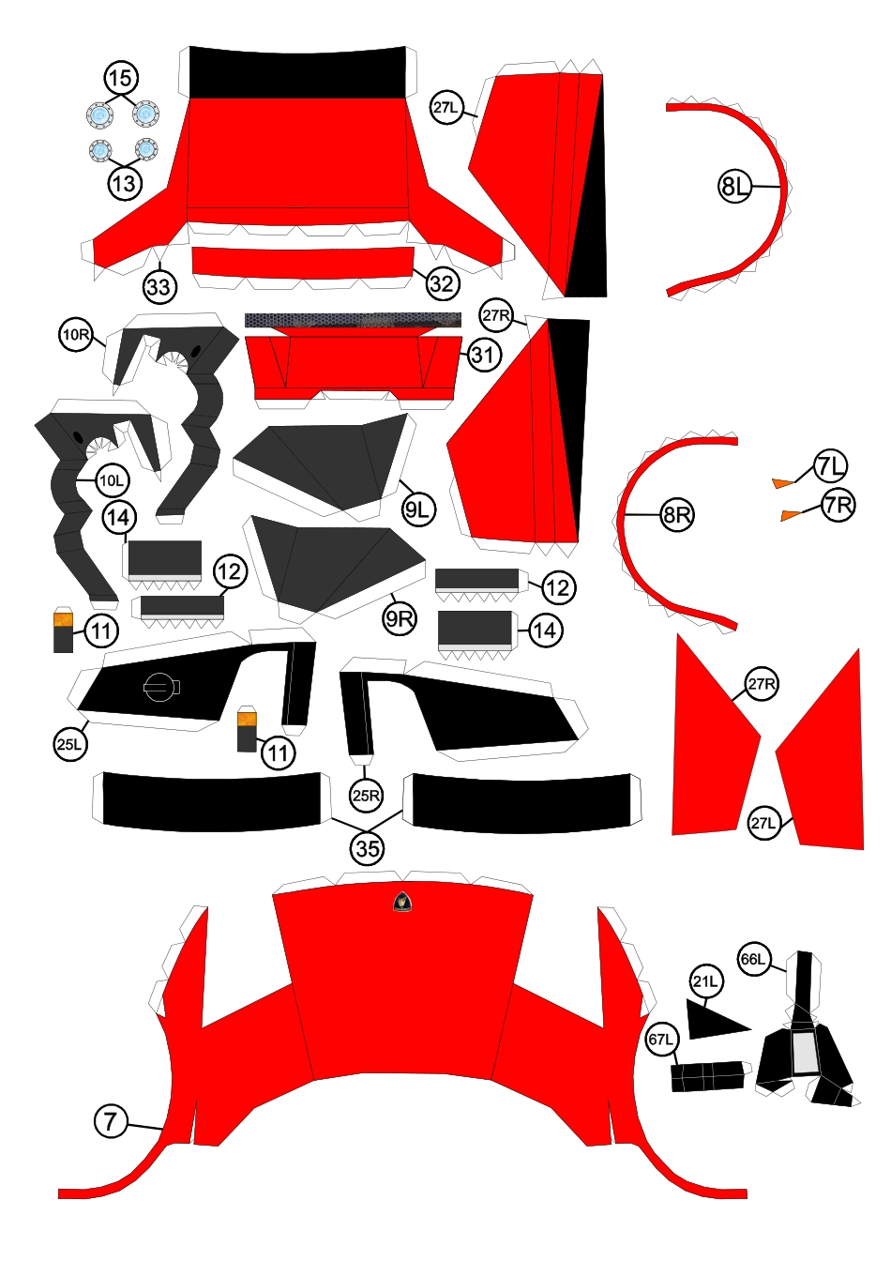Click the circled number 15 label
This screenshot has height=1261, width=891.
click(120, 78)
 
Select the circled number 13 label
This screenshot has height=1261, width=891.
click(125, 183)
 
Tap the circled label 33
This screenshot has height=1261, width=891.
click(159, 287)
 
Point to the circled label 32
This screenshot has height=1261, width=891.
click(442, 283)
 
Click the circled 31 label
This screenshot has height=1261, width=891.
click(484, 356)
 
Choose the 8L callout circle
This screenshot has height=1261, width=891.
click(735, 186)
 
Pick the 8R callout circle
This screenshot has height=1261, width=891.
click(677, 514)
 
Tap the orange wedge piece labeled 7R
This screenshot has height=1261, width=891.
click(791, 515)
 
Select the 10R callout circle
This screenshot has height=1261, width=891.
click(75, 334)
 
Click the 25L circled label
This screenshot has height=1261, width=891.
click(70, 744)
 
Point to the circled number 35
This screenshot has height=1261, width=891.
click(368, 848)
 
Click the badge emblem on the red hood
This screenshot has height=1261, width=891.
click(401, 903)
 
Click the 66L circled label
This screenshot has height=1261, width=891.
click(753, 959)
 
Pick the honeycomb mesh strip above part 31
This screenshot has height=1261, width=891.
click(353, 320)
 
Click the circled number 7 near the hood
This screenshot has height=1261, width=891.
click(111, 1120)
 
